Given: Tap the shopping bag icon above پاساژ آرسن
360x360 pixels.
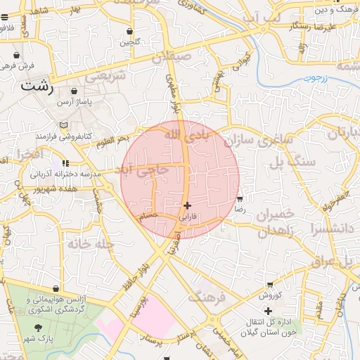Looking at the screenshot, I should coord(74,91).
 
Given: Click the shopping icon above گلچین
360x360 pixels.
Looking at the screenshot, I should coord(130,32).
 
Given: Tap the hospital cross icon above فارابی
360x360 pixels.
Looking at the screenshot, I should coord(186,205).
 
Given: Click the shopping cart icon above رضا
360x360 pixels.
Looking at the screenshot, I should coord(240,198).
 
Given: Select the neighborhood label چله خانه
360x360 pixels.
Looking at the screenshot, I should coord(91,244).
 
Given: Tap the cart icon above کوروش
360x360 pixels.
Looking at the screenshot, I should coord(269,285).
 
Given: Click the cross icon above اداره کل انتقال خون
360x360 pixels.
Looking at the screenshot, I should coord(268,310).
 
